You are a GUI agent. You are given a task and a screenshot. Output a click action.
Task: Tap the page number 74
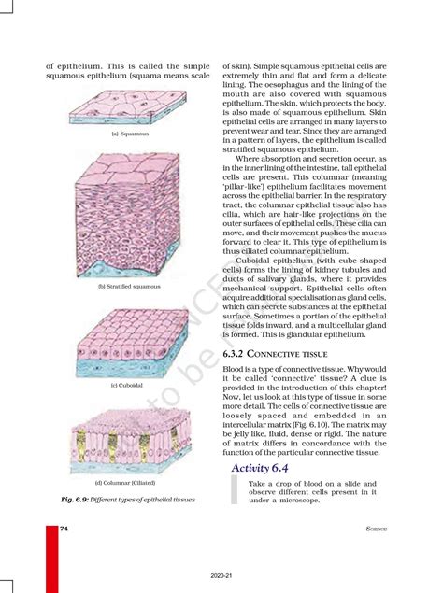64,529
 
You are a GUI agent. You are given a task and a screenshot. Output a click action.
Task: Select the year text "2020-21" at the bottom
221,578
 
